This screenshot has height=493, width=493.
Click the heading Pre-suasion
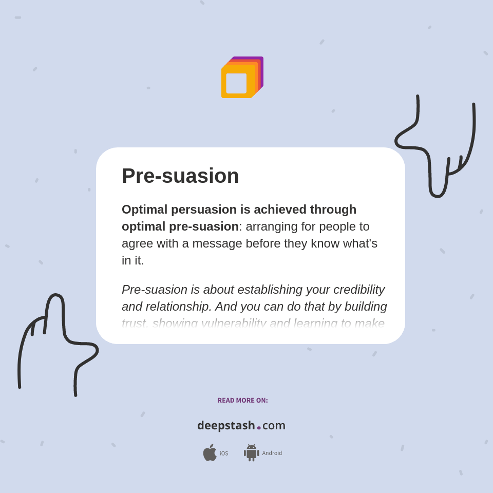[x=180, y=176]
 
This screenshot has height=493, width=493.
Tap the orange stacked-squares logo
[x=242, y=77]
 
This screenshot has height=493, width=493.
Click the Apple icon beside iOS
[x=210, y=452]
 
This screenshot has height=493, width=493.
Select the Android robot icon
[x=251, y=452]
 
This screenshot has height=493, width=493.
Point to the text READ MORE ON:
[x=242, y=401]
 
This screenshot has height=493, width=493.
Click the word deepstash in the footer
[x=226, y=425]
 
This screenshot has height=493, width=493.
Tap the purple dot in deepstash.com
[x=259, y=428]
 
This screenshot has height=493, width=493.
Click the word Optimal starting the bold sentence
[x=144, y=210]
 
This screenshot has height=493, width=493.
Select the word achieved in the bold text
[x=279, y=210]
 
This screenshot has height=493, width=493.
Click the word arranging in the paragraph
[x=271, y=226]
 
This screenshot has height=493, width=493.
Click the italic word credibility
[x=359, y=290]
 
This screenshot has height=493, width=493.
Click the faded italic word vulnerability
[x=234, y=323]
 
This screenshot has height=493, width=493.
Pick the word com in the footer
[x=274, y=425]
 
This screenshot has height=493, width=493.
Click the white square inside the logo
[x=236, y=83]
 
